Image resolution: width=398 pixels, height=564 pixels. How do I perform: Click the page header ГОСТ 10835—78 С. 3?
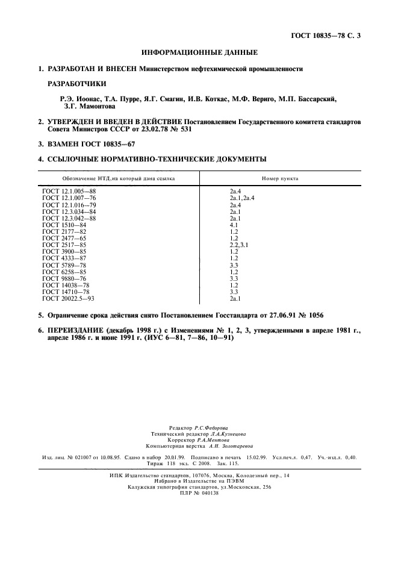326,36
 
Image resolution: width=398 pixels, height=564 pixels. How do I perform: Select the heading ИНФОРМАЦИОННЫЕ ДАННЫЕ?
199,53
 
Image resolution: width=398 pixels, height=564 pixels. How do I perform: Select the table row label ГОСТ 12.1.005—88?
69,191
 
